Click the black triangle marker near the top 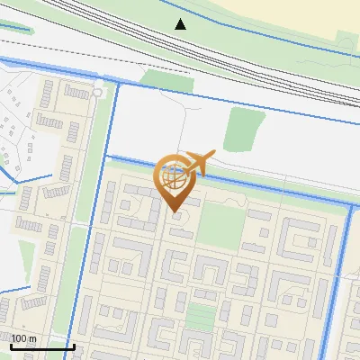(x=181, y=23)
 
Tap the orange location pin (x=175, y=181)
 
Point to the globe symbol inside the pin (x=175, y=177)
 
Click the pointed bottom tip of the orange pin (x=175, y=211)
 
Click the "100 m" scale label (x=23, y=338)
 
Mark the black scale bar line (x=42, y=346)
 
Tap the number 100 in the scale (x=19, y=338)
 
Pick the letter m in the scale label (x=33, y=339)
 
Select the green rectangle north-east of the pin (x=239, y=128)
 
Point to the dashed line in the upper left (x=54, y=45)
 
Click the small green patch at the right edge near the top (x=346, y=40)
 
